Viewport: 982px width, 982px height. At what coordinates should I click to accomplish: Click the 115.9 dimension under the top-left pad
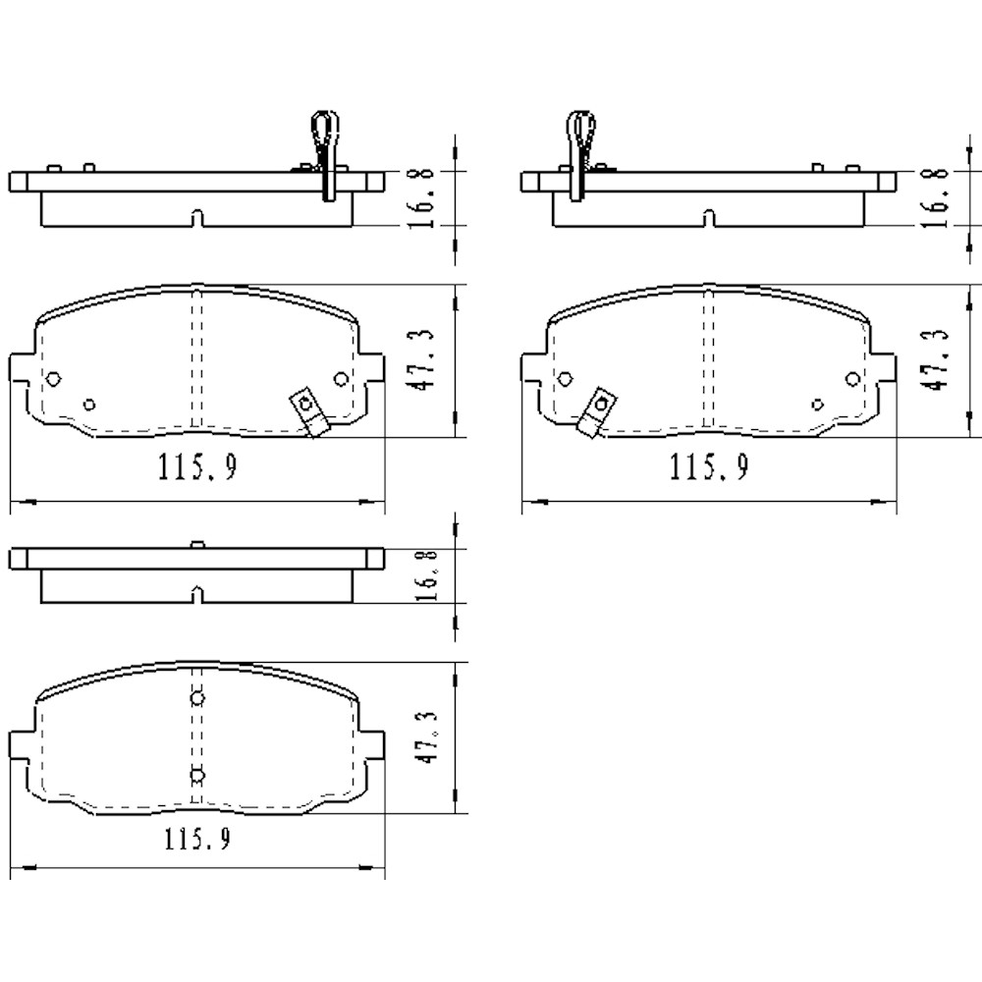(x=197, y=467)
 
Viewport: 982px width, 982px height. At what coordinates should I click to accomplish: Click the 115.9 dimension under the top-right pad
(x=709, y=467)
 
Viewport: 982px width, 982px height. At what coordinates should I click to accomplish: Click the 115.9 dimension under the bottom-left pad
(x=197, y=841)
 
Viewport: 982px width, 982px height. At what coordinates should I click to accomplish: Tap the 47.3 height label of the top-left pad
(x=423, y=359)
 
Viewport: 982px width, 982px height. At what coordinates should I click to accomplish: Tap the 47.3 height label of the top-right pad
(x=937, y=359)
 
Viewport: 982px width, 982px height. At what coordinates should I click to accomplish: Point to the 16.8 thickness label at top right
(x=937, y=197)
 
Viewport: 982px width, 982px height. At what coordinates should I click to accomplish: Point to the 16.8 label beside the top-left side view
(x=423, y=197)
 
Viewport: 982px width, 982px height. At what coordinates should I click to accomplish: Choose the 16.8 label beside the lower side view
(x=423, y=576)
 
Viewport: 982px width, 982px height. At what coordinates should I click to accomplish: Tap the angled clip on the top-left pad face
(x=308, y=413)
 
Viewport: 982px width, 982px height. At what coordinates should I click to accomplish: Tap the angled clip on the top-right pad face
(x=594, y=413)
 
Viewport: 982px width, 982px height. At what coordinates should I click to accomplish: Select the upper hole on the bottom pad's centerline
(x=197, y=698)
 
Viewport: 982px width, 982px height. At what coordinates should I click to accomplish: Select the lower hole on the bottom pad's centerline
(x=197, y=775)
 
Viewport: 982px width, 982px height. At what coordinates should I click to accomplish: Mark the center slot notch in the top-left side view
(x=197, y=218)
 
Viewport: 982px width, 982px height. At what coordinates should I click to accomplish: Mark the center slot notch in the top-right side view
(x=709, y=218)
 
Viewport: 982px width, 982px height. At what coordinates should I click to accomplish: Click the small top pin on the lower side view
(x=197, y=544)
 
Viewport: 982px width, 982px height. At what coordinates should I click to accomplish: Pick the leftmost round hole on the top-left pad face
(x=54, y=379)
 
